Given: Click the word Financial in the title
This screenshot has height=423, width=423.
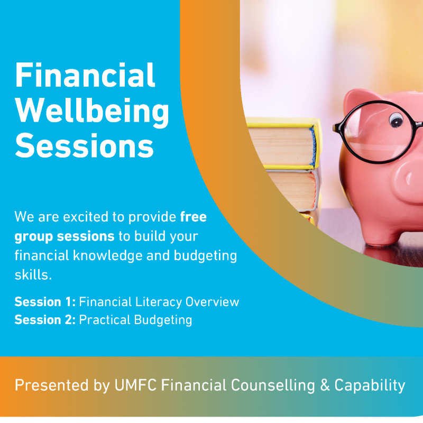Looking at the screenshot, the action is click(85, 75).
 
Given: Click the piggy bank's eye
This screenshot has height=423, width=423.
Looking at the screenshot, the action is click(396, 119).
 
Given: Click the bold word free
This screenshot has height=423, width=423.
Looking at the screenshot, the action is click(194, 217).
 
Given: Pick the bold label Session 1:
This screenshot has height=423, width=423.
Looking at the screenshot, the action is click(45, 302).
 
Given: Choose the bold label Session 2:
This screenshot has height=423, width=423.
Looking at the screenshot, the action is click(45, 320).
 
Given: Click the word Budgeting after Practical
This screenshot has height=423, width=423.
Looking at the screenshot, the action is click(163, 320).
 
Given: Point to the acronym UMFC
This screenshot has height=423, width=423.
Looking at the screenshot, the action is click(136, 385).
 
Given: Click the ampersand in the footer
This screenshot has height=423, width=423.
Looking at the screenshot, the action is click(325, 385).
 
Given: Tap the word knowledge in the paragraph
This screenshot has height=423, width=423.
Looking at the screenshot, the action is click(108, 255).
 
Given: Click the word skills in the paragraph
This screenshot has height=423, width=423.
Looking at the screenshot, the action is click(33, 275).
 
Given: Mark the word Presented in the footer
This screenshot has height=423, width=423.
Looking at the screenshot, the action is click(51, 385).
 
